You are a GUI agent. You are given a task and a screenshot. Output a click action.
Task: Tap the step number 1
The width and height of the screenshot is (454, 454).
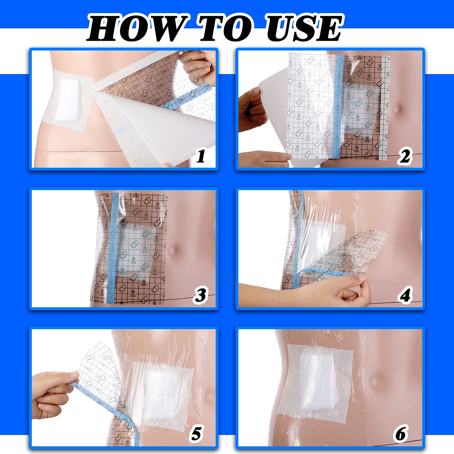pos(201,156)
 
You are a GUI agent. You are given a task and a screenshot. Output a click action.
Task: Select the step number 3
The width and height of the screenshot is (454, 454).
pos(201,295)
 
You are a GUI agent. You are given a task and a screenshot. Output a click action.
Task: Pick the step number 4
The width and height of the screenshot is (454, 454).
pos(405,295)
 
